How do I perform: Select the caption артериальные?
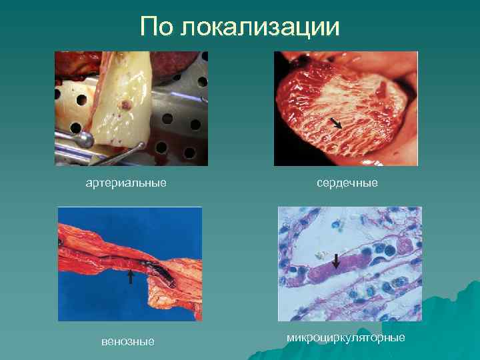tap(126, 182)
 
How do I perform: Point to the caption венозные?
tap(128, 341)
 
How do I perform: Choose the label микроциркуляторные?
tap(346, 338)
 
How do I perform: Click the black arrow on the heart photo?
tap(336, 122)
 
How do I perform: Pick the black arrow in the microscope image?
tap(336, 261)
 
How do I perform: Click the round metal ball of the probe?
tap(85, 139)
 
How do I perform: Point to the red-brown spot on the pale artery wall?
tap(124, 105)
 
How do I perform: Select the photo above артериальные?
tap(131, 109)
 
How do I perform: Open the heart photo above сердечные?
tap(346, 109)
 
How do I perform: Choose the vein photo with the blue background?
tap(130, 264)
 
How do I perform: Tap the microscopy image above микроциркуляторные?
tap(350, 264)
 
